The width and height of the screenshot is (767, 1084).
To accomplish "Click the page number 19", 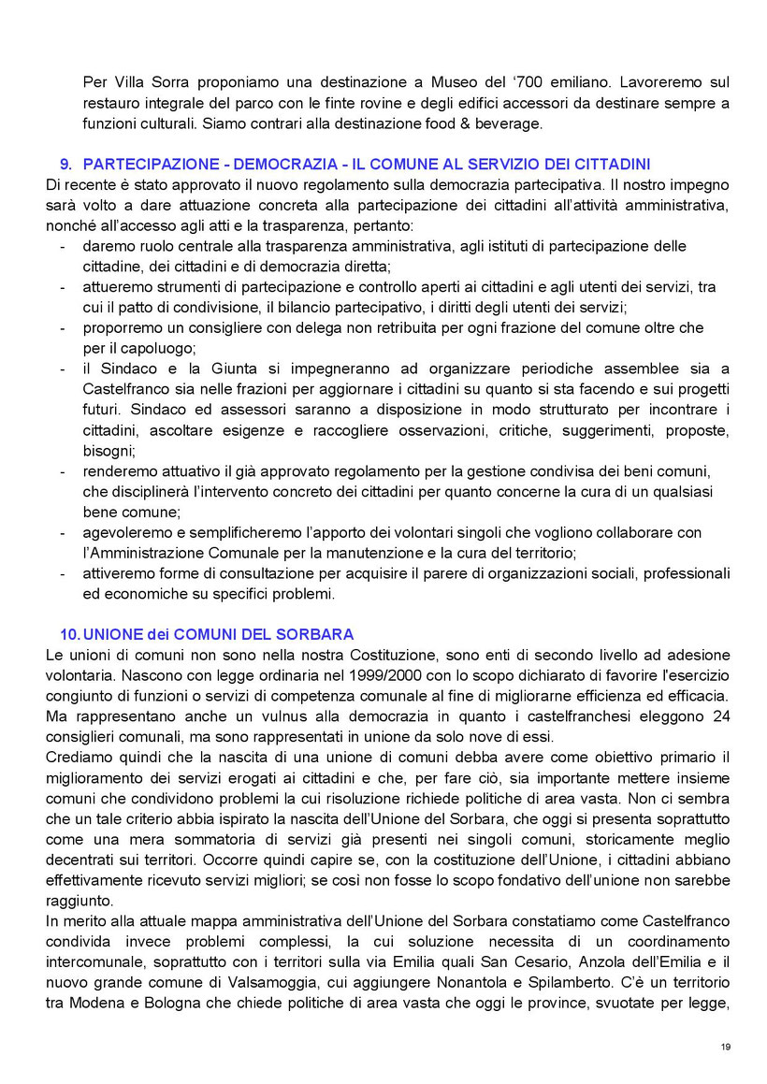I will [726, 1046].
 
